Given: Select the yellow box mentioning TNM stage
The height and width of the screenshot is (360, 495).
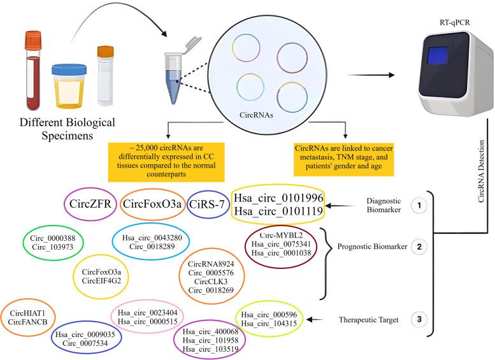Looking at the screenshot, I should point(345,155).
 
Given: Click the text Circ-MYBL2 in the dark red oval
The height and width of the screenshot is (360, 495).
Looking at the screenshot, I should point(276,234).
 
